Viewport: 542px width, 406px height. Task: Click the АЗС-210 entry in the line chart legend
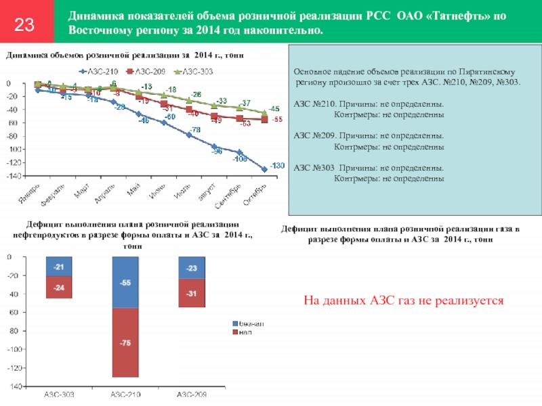(x=103, y=70)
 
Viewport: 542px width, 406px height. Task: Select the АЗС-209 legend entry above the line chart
(x=149, y=70)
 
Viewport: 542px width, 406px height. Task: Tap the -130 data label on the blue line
(x=276, y=166)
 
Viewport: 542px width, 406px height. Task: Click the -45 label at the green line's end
(x=274, y=108)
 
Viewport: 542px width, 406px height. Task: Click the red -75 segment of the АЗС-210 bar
(x=125, y=343)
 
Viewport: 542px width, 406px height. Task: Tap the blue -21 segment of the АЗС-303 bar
(x=59, y=267)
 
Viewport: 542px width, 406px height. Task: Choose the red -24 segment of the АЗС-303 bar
(x=59, y=288)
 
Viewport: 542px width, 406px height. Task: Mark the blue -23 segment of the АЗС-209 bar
(x=192, y=268)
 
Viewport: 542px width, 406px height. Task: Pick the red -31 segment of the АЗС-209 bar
(x=192, y=293)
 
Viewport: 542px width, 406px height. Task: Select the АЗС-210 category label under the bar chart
(x=125, y=394)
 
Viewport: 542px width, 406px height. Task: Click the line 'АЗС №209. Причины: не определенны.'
(x=369, y=135)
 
